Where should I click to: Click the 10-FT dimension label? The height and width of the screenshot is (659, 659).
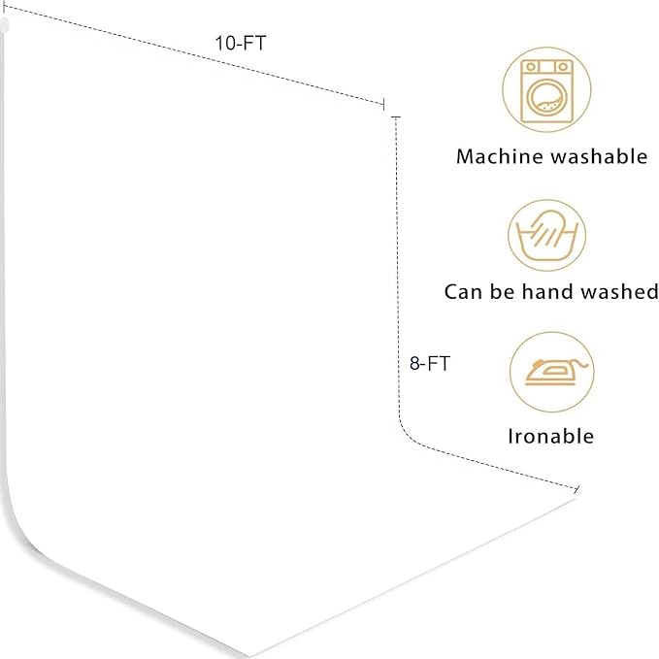pyautogui.click(x=241, y=43)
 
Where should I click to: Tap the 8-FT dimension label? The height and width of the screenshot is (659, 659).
pyautogui.click(x=430, y=364)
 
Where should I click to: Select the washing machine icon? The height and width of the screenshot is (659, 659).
pyautogui.click(x=546, y=91)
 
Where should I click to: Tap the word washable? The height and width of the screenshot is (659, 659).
pyautogui.click(x=600, y=156)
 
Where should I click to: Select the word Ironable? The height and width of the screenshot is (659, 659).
pyautogui.click(x=551, y=436)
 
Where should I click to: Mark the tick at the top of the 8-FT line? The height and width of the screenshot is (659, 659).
pyautogui.click(x=395, y=116)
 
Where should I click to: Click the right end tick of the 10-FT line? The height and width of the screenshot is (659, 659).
pyautogui.click(x=383, y=104)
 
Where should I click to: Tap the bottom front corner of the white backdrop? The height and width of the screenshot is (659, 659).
pyautogui.click(x=249, y=656)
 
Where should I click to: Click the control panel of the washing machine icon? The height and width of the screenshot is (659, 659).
pyautogui.click(x=546, y=67)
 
